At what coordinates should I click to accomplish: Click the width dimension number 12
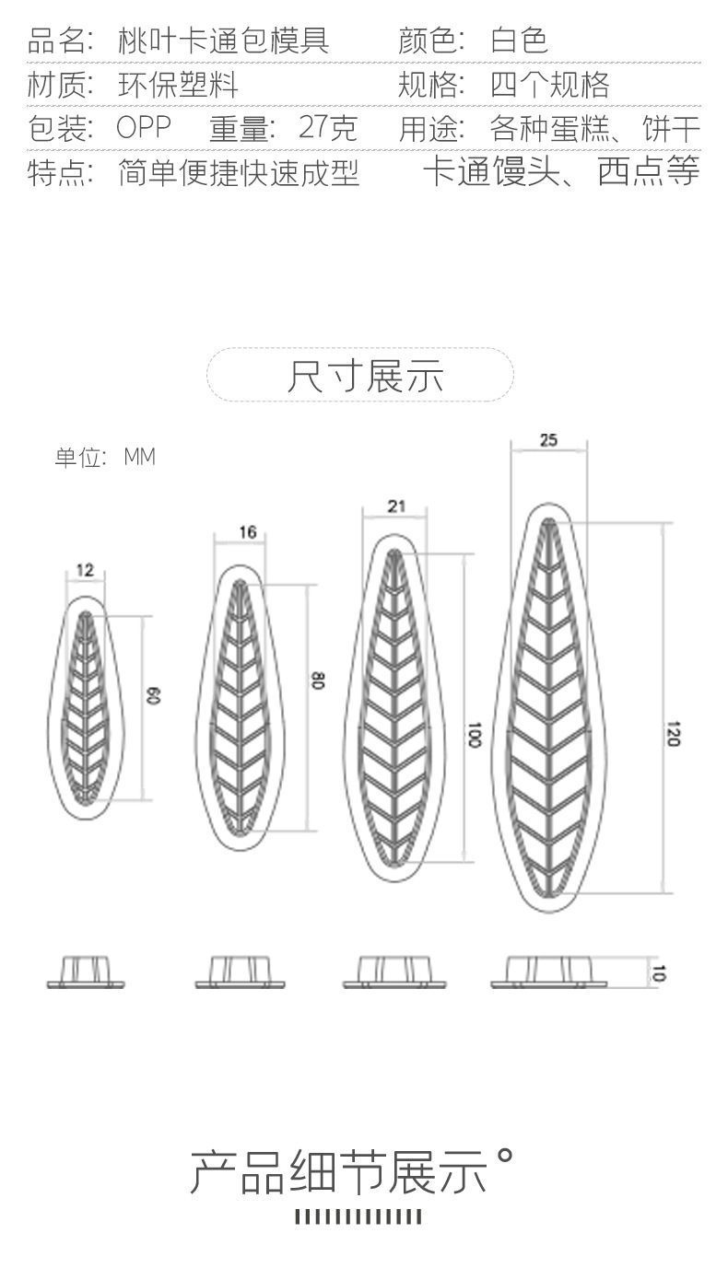point(85,571)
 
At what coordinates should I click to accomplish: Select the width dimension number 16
point(247,532)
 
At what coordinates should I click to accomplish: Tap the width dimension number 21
point(396,506)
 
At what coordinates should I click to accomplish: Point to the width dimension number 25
point(548,440)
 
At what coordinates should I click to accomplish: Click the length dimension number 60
point(155,697)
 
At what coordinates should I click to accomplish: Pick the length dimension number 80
point(318,681)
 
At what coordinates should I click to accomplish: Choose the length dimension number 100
point(475,735)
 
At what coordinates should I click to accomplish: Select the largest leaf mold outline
point(548,707)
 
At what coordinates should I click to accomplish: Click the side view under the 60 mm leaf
point(86,972)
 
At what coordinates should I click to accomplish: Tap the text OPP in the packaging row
point(144,128)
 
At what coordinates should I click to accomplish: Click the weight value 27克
point(328,128)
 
